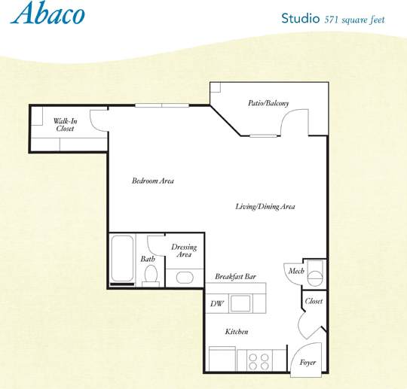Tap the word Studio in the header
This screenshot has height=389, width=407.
pyautogui.click(x=300, y=18)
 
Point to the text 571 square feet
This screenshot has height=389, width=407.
pyautogui.click(x=354, y=20)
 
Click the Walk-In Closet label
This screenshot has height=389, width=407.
pyautogui.click(x=65, y=125)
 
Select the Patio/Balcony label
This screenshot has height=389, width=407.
pyautogui.click(x=268, y=104)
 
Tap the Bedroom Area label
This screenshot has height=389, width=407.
pyautogui.click(x=153, y=181)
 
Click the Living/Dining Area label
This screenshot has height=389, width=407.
pyautogui.click(x=265, y=207)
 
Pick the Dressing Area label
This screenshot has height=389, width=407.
pyautogui.click(x=184, y=251)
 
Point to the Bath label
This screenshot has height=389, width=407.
pyautogui.click(x=148, y=260)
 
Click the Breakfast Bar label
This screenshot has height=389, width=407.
pyautogui.click(x=235, y=277)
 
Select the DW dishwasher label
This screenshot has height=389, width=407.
pyautogui.click(x=217, y=304)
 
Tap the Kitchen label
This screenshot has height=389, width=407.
pyautogui.click(x=237, y=332)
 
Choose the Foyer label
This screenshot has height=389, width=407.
pyautogui.click(x=308, y=362)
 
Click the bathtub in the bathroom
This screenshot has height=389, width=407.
pyautogui.click(x=122, y=260)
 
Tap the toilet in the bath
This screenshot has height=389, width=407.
pyautogui.click(x=150, y=274)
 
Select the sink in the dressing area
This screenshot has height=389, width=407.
pyautogui.click(x=185, y=277)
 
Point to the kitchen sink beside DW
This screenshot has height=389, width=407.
pyautogui.click(x=241, y=304)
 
